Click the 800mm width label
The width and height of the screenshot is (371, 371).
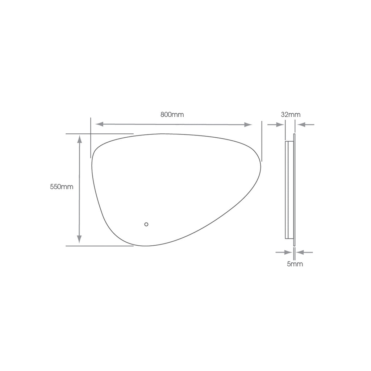point(172,115)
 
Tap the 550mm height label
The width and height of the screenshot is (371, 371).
point(62,187)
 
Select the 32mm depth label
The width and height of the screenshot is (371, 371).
point(291,115)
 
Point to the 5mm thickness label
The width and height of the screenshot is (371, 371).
point(295,264)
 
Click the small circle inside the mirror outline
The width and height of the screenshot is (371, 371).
point(146,224)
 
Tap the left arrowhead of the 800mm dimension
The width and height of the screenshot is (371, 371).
point(100,124)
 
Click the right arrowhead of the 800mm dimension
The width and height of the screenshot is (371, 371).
point(248,125)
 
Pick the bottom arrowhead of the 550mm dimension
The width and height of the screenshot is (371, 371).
point(79,239)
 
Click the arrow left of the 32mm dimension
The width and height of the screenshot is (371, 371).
point(276,125)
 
